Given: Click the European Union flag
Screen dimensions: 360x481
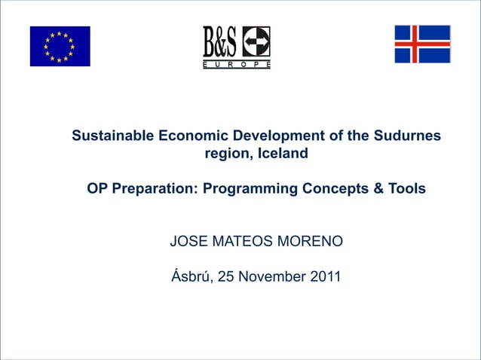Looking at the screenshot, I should pyautogui.click(x=60, y=46).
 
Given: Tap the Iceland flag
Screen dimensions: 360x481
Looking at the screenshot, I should pyautogui.click(x=422, y=44).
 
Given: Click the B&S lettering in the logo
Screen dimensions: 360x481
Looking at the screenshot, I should pyautogui.click(x=219, y=42).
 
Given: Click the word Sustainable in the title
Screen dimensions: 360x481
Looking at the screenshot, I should pyautogui.click(x=113, y=136).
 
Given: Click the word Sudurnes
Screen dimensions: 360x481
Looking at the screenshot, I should pyautogui.click(x=406, y=136).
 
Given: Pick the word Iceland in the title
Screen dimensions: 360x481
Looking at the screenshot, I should pyautogui.click(x=283, y=154).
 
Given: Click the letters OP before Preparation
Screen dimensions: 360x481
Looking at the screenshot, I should pyautogui.click(x=97, y=188).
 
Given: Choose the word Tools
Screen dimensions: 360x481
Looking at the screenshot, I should pyautogui.click(x=408, y=188).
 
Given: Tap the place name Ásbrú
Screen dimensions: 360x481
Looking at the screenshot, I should pyautogui.click(x=191, y=276).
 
